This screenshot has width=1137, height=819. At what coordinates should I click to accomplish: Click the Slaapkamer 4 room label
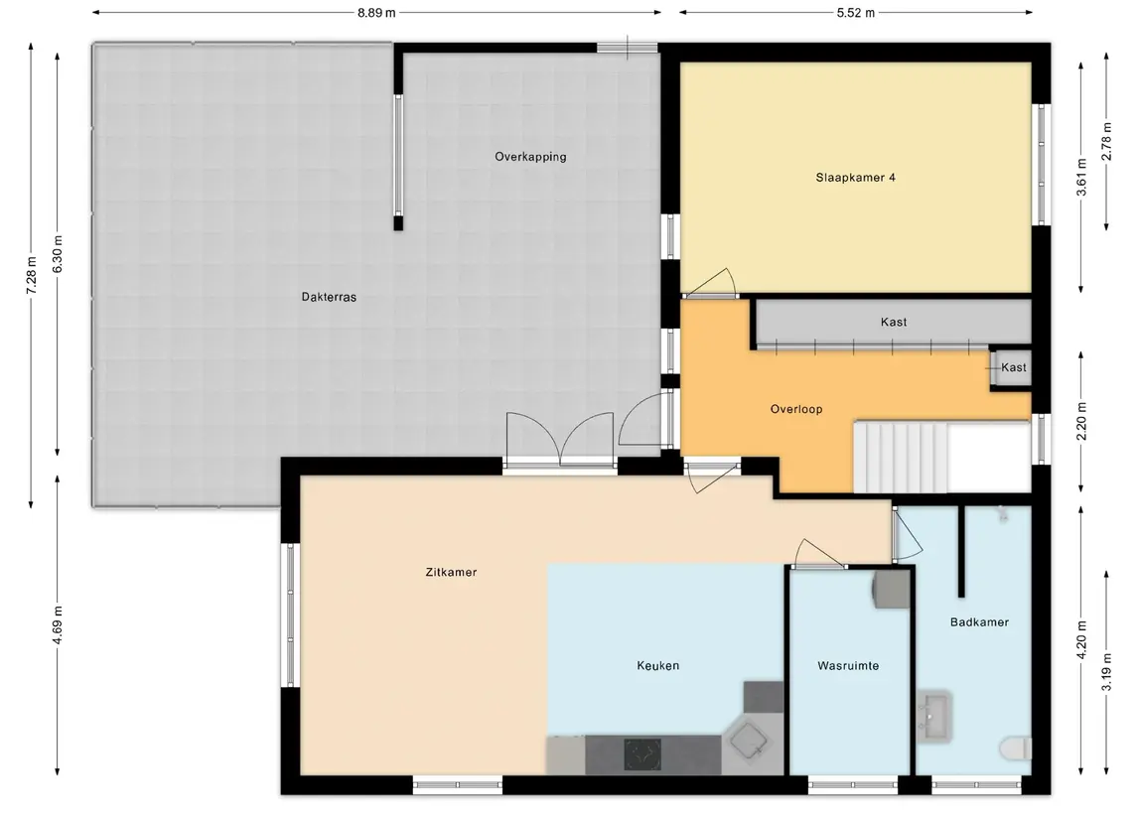[855, 177]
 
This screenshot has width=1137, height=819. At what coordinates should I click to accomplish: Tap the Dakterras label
[329, 297]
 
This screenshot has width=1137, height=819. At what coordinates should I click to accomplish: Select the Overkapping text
[530, 157]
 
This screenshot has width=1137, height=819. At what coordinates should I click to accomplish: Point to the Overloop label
[796, 409]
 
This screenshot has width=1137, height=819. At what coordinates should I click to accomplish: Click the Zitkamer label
[451, 572]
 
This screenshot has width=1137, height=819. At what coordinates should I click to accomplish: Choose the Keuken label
[657, 665]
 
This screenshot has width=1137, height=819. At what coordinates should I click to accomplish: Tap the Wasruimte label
[848, 665]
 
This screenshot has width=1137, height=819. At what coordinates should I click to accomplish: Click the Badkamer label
[979, 621]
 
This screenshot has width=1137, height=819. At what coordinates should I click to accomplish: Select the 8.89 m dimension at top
[376, 12]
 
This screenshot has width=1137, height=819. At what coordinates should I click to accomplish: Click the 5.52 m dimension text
[856, 12]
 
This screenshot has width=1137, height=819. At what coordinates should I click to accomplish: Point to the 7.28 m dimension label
[31, 275]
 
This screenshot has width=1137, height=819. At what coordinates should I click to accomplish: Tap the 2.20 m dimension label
[1081, 421]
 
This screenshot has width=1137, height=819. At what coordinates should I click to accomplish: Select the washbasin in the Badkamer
[934, 716]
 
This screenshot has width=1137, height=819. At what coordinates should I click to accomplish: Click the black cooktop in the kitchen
[642, 754]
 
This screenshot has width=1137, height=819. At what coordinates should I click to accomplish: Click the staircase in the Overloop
[900, 458]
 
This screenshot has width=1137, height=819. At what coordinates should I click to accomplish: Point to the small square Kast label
[1013, 367]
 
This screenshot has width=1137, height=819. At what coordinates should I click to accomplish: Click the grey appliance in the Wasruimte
[891, 588]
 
